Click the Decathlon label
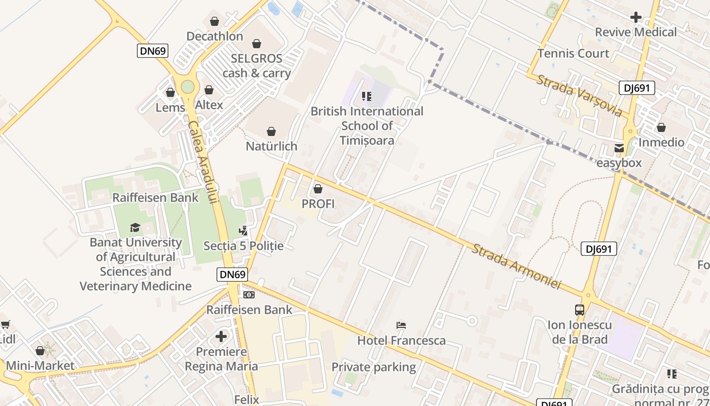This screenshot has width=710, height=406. point(215,37)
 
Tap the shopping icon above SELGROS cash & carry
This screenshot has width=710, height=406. point(257,44)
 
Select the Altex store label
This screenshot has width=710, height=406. point(209,105)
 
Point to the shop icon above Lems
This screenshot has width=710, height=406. point(170,92)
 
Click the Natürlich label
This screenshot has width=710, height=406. point(271,146)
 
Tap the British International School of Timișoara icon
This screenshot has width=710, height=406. point(367,96)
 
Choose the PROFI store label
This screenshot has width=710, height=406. point(318,204)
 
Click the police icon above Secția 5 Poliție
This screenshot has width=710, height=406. point(243,231)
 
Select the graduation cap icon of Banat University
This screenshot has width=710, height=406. point(135,227)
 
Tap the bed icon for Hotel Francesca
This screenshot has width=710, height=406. point(401,325)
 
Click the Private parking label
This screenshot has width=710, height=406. point(374,367)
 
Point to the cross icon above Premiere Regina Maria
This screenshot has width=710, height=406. point(221,336)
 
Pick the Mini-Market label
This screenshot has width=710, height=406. point(40,365)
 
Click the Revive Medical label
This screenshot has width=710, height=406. point(635,32)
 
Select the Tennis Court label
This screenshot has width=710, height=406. point(573,53)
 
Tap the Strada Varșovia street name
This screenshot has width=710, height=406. point(579,95)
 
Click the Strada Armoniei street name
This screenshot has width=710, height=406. point(516,267)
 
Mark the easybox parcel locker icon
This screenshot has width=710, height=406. point(619,149)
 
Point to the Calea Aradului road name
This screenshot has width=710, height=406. point(202,162)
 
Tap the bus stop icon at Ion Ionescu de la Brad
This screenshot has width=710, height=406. point(580,310)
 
